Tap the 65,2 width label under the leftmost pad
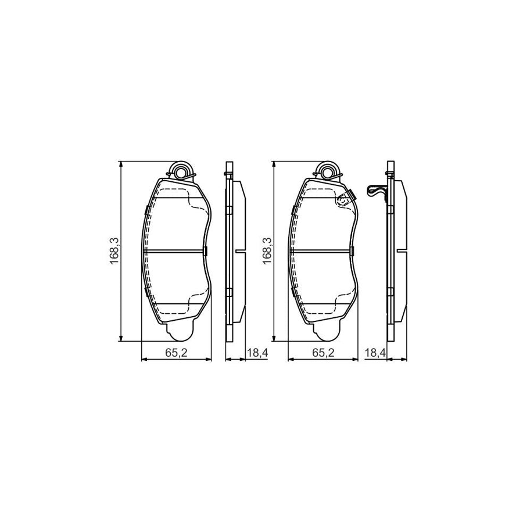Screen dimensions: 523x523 (x=178, y=352)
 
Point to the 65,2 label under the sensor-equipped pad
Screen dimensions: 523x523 (x=324, y=352)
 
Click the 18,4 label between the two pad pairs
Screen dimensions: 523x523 (x=256, y=352)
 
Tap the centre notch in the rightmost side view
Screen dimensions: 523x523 (x=401, y=251)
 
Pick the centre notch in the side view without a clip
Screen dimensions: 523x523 (x=240, y=251)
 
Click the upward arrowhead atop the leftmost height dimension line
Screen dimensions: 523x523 (x=121, y=164)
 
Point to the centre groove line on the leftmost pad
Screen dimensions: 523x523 (x=174, y=251)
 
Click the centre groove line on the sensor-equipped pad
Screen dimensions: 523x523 (x=321, y=251)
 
